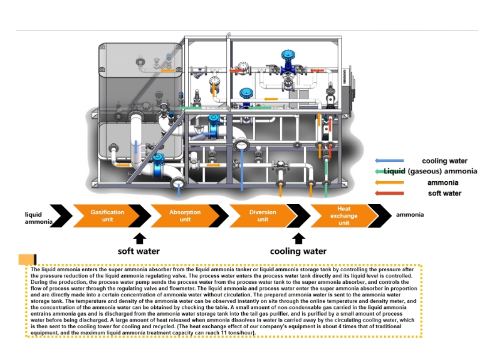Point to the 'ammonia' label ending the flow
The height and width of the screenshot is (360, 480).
(x=410, y=214)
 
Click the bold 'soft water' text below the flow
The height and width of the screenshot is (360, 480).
(x=139, y=251)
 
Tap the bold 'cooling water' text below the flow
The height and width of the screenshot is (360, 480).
(x=298, y=251)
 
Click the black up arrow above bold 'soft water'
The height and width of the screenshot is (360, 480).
(x=139, y=238)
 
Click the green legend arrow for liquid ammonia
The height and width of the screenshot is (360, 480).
(x=384, y=172)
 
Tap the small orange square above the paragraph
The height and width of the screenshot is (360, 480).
(x=26, y=259)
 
